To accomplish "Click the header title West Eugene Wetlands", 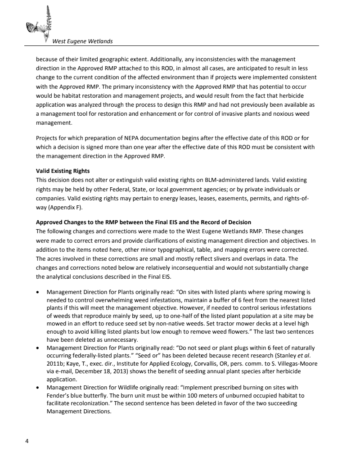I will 82,41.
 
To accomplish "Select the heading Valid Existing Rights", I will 63,171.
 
